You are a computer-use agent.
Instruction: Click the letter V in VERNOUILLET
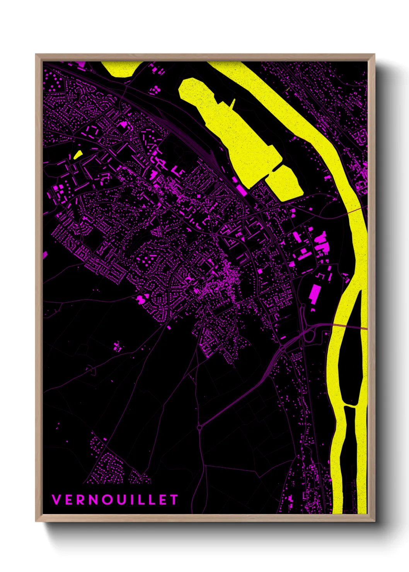(x=56, y=500)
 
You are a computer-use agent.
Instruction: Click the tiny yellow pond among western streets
(x=78, y=155)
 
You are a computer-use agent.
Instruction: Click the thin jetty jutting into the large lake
(x=233, y=103)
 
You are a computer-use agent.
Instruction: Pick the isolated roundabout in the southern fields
(x=199, y=427)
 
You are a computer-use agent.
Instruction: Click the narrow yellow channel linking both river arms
(x=351, y=406)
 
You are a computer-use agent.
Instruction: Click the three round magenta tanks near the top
(x=155, y=90)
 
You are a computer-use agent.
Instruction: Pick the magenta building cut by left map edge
(x=45, y=255)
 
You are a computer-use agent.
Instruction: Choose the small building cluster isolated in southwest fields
(x=118, y=346)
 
